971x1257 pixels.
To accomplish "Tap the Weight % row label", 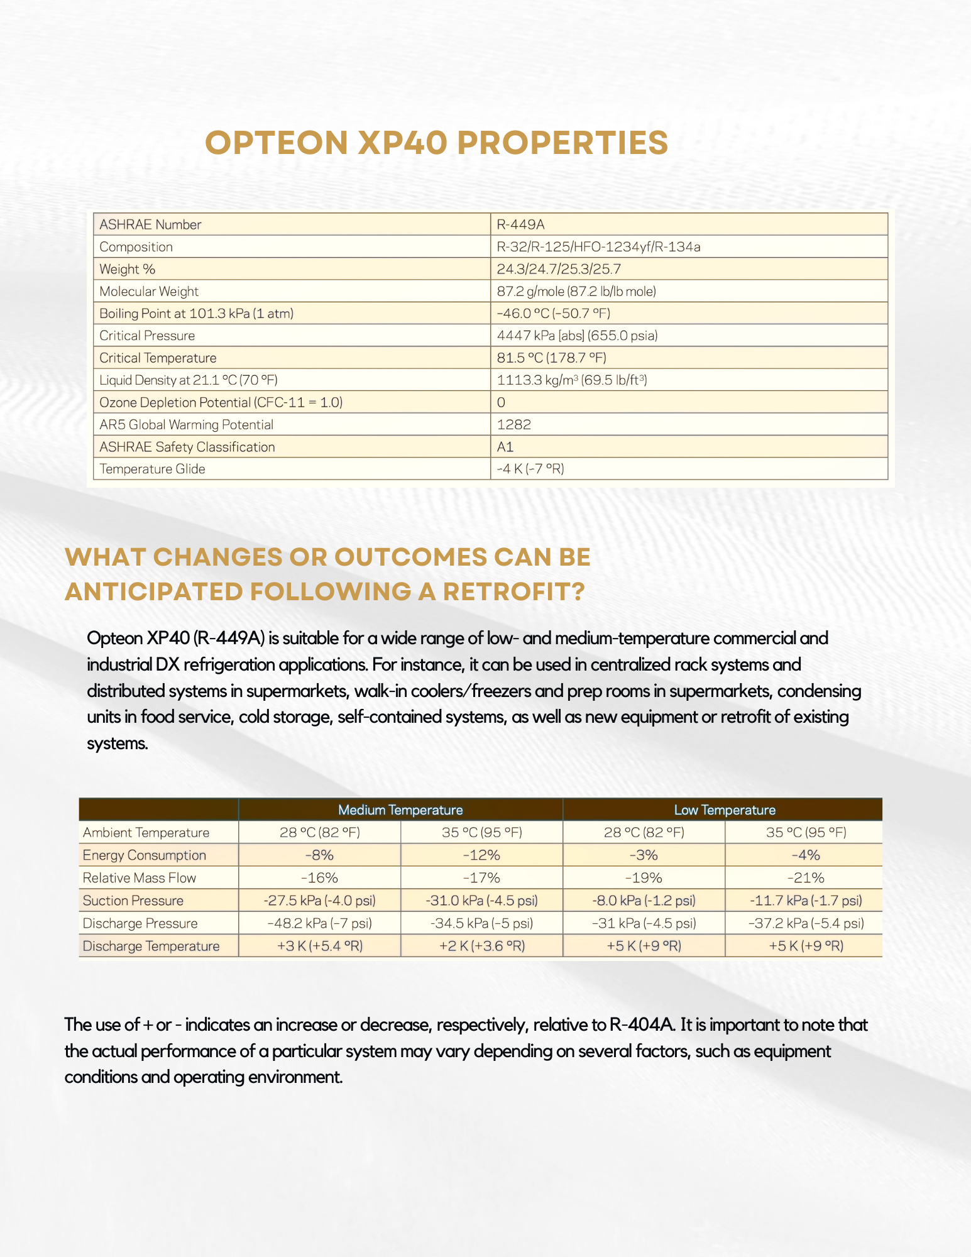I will point(127,269).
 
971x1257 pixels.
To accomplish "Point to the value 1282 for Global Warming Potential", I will point(513,424).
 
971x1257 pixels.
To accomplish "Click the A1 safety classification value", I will point(505,447).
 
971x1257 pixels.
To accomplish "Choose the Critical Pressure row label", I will point(147,336).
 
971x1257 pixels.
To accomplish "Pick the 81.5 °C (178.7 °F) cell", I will point(551,358).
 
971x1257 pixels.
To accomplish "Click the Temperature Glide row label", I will point(152,469).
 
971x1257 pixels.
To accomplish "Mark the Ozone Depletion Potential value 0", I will point(501,402).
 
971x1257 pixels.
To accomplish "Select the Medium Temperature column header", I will point(400,810).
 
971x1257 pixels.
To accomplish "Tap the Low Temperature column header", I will point(725,810).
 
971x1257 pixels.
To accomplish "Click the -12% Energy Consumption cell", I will point(481,855).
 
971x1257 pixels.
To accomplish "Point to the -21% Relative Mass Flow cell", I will point(806,877).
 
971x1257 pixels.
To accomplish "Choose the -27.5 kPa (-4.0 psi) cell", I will point(319,900).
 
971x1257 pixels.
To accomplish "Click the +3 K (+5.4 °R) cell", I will point(319,946).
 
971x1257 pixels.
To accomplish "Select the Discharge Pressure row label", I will point(140,923).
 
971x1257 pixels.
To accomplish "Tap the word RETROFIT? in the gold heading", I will point(513,592).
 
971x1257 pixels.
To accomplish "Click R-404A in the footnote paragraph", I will point(642,1025).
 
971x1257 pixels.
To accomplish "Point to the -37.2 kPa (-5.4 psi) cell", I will point(806,923).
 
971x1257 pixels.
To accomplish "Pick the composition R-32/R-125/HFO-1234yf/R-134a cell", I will point(598,247).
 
